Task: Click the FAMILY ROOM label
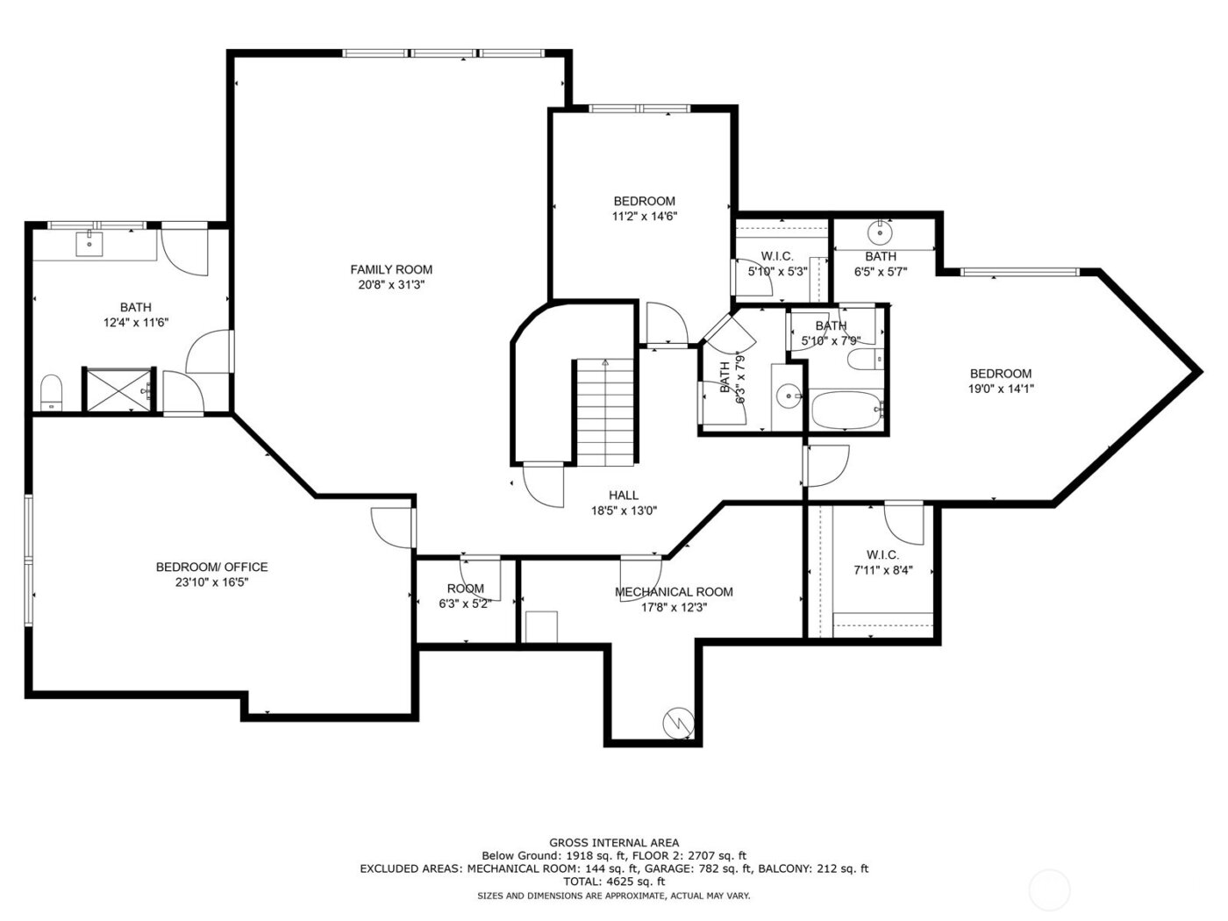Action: (391, 269)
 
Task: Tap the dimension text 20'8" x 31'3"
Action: (391, 284)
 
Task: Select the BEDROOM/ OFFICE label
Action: (211, 567)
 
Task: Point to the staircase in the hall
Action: (604, 412)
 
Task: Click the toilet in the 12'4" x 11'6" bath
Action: (52, 392)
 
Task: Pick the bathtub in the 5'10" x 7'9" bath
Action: (846, 411)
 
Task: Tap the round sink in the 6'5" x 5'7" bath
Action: (878, 233)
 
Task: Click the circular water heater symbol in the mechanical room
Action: (678, 722)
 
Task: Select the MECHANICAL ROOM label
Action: (674, 591)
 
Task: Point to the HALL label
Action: (624, 495)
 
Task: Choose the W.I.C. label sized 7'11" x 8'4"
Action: (882, 554)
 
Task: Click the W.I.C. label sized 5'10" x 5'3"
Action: (777, 256)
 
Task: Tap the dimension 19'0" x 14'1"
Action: (1000, 389)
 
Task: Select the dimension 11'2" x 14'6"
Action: (645, 216)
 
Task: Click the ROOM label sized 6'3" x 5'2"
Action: (465, 589)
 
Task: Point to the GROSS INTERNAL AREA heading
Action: (613, 842)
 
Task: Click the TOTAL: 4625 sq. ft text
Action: (613, 881)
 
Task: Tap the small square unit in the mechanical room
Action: (541, 627)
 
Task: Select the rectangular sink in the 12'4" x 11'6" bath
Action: (89, 242)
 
